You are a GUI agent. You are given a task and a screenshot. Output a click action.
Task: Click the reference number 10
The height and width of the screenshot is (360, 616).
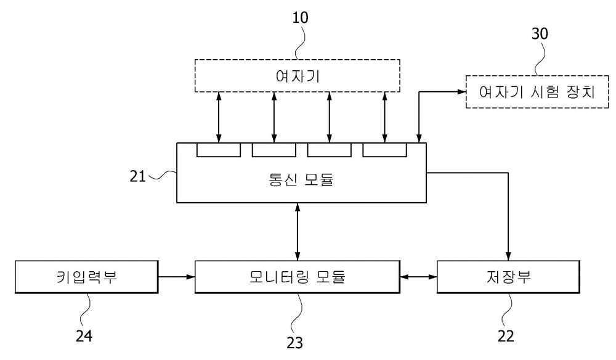(300, 18)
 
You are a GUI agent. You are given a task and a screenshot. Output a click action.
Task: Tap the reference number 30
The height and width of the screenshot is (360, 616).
(540, 34)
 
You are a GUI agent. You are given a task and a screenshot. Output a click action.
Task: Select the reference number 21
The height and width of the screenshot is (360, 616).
(137, 176)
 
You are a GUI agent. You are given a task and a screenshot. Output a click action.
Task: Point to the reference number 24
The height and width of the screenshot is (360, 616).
(84, 336)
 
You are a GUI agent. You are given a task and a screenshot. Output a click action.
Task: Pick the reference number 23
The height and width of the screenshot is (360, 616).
(294, 343)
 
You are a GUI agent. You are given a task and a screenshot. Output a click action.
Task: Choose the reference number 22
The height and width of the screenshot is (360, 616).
(506, 336)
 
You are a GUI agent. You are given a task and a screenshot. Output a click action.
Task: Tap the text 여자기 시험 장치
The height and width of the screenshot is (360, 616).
(537, 92)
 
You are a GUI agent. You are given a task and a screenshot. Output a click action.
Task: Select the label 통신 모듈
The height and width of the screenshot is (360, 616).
(301, 179)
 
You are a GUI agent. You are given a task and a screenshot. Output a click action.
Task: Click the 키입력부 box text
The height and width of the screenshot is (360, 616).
(87, 277)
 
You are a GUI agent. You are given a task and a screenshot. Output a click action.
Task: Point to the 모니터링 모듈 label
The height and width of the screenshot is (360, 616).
(298, 277)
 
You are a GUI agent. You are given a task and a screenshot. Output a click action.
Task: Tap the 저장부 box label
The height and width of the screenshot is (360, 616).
(508, 277)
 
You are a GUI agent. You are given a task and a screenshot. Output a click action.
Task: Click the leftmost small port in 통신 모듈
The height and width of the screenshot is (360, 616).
(219, 150)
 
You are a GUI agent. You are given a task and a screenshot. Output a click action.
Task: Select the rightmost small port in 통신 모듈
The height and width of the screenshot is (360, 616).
(384, 150)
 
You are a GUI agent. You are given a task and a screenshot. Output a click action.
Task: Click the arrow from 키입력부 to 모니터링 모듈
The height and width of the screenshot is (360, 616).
(176, 277)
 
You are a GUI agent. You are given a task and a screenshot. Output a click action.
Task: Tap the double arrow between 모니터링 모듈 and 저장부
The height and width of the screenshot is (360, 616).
(419, 277)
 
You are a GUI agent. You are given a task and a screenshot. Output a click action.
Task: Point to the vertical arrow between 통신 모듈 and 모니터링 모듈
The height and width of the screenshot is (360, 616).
(298, 232)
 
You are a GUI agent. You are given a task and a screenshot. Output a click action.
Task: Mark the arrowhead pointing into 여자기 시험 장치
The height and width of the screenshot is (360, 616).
(462, 92)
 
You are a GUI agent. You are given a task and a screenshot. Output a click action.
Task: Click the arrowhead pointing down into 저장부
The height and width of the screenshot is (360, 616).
(508, 256)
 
